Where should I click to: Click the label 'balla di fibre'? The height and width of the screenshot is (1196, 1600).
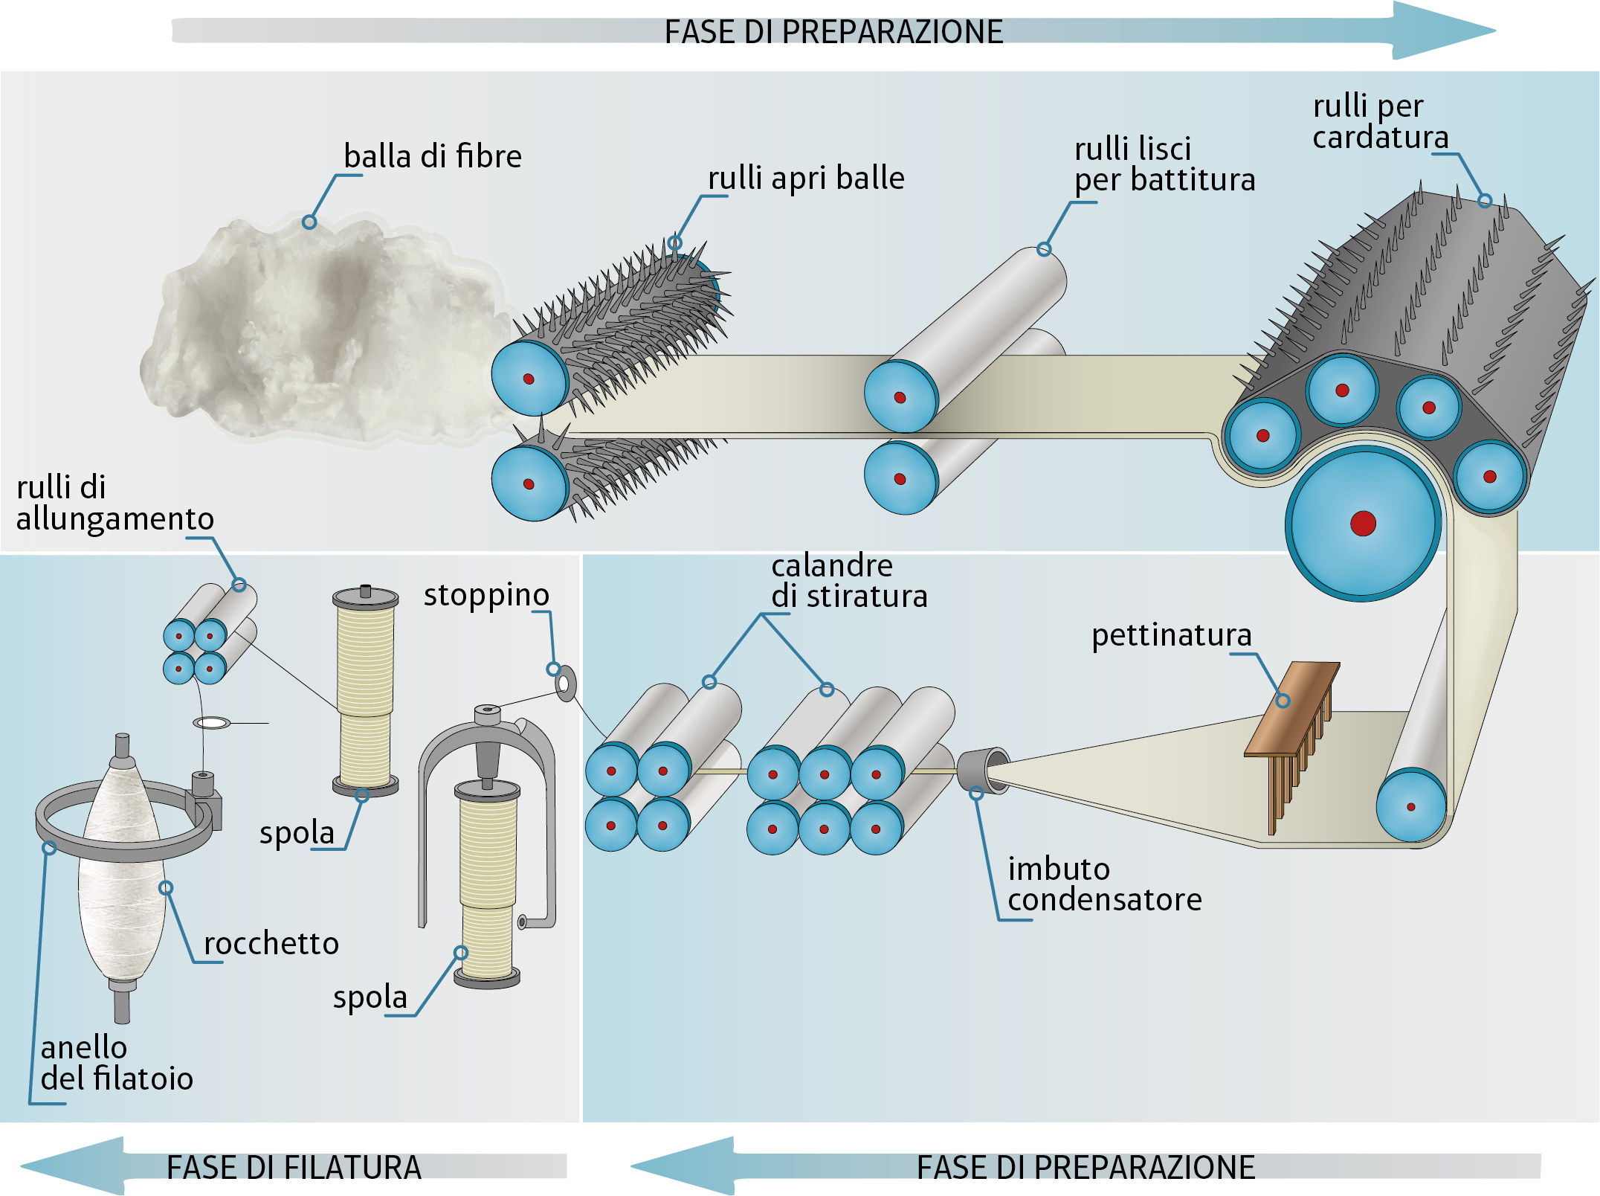[x=432, y=157]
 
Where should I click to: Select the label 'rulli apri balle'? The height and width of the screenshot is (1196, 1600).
[x=806, y=179]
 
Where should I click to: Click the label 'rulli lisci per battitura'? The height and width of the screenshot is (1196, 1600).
[x=1164, y=165]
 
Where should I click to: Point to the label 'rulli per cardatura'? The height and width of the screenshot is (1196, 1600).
[x=1380, y=122]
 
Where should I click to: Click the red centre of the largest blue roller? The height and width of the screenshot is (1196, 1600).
[x=1363, y=524]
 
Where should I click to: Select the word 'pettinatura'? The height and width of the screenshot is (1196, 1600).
[x=1171, y=635]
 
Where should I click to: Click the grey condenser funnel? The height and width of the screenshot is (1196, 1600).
[x=980, y=770]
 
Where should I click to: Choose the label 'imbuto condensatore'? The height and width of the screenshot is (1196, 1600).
[x=1104, y=884]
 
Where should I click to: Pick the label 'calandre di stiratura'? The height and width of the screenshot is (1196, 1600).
[x=848, y=581]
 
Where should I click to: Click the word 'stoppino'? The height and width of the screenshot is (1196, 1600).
[x=486, y=595]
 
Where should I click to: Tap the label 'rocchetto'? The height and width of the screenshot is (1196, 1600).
[x=271, y=944]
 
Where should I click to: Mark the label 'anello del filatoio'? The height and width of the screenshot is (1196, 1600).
[x=116, y=1064]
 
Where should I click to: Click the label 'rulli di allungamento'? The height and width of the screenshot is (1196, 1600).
[x=114, y=504]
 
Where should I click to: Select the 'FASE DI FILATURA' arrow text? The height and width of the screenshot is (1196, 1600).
[x=294, y=1168]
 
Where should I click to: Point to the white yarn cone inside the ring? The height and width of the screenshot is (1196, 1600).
[x=123, y=878]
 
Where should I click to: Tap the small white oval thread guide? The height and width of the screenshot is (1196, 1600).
[x=212, y=722]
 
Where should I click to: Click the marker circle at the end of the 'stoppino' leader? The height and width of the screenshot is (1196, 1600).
[x=554, y=669]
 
